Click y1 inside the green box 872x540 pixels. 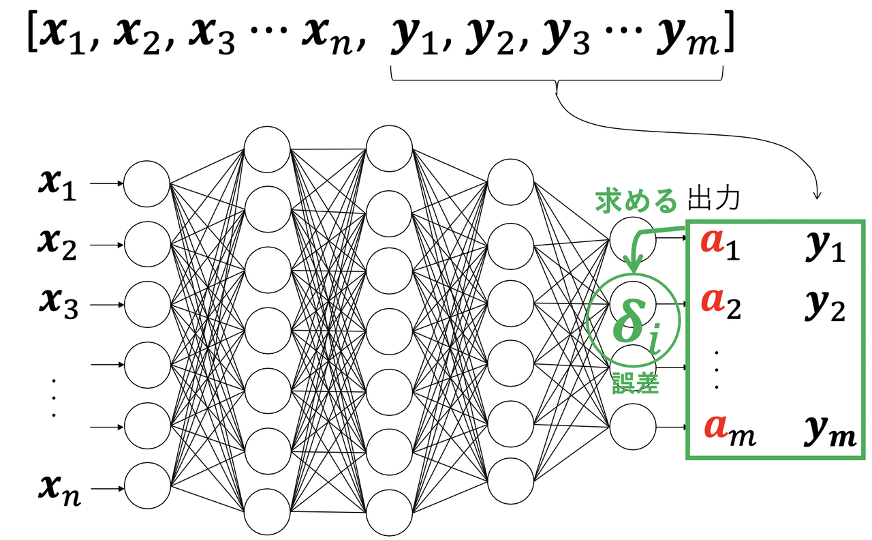[x=824, y=249]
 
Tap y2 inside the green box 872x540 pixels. [x=824, y=306]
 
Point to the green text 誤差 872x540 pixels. [x=636, y=384]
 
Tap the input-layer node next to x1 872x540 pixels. [x=146, y=183]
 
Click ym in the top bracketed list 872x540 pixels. [x=689, y=40]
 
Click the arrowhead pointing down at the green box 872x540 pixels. [x=817, y=196]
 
